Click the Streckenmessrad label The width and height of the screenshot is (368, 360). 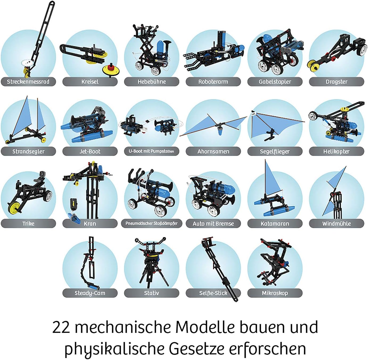28,82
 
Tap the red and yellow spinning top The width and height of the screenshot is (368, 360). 110,70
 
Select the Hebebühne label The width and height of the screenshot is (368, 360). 152,82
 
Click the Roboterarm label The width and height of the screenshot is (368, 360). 213,82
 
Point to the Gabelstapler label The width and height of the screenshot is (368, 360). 275,82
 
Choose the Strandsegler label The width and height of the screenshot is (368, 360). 28,151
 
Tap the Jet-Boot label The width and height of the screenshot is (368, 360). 90,151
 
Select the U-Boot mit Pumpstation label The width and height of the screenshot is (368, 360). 152,151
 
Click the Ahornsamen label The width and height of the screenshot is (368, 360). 213,151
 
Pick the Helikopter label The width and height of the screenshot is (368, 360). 337,151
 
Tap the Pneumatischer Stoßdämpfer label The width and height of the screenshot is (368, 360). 152,223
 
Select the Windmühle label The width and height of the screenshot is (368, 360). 337,223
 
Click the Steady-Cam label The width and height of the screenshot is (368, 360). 90,293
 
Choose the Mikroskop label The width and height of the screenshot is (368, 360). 275,293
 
